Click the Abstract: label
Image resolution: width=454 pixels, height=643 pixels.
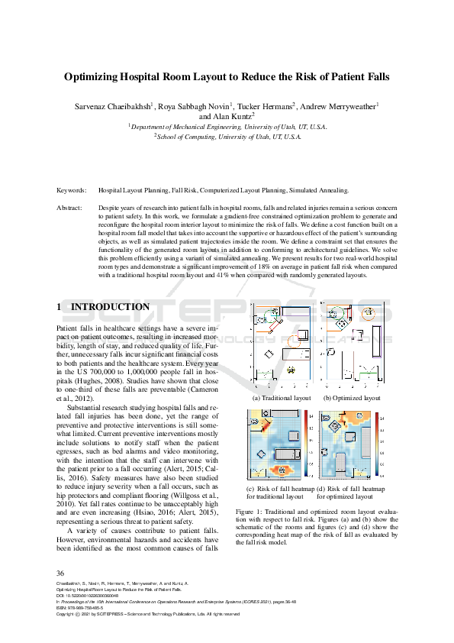point(71,208)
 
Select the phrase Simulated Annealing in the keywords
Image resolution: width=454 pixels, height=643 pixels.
point(320,190)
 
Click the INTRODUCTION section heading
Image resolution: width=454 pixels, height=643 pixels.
point(110,307)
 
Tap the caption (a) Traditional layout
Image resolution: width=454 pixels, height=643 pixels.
point(282,398)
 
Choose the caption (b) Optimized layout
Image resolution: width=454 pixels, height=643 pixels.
point(352,398)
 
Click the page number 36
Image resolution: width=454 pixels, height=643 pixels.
point(61,573)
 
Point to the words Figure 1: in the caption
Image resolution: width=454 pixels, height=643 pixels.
point(250,510)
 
